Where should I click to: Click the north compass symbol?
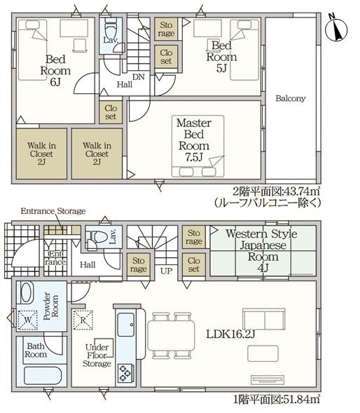pos(339,29)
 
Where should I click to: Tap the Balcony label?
pos(290,99)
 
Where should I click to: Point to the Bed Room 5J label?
pos(221,57)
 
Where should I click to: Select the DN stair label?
pos(139,77)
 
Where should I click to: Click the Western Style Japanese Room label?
pos(261,246)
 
